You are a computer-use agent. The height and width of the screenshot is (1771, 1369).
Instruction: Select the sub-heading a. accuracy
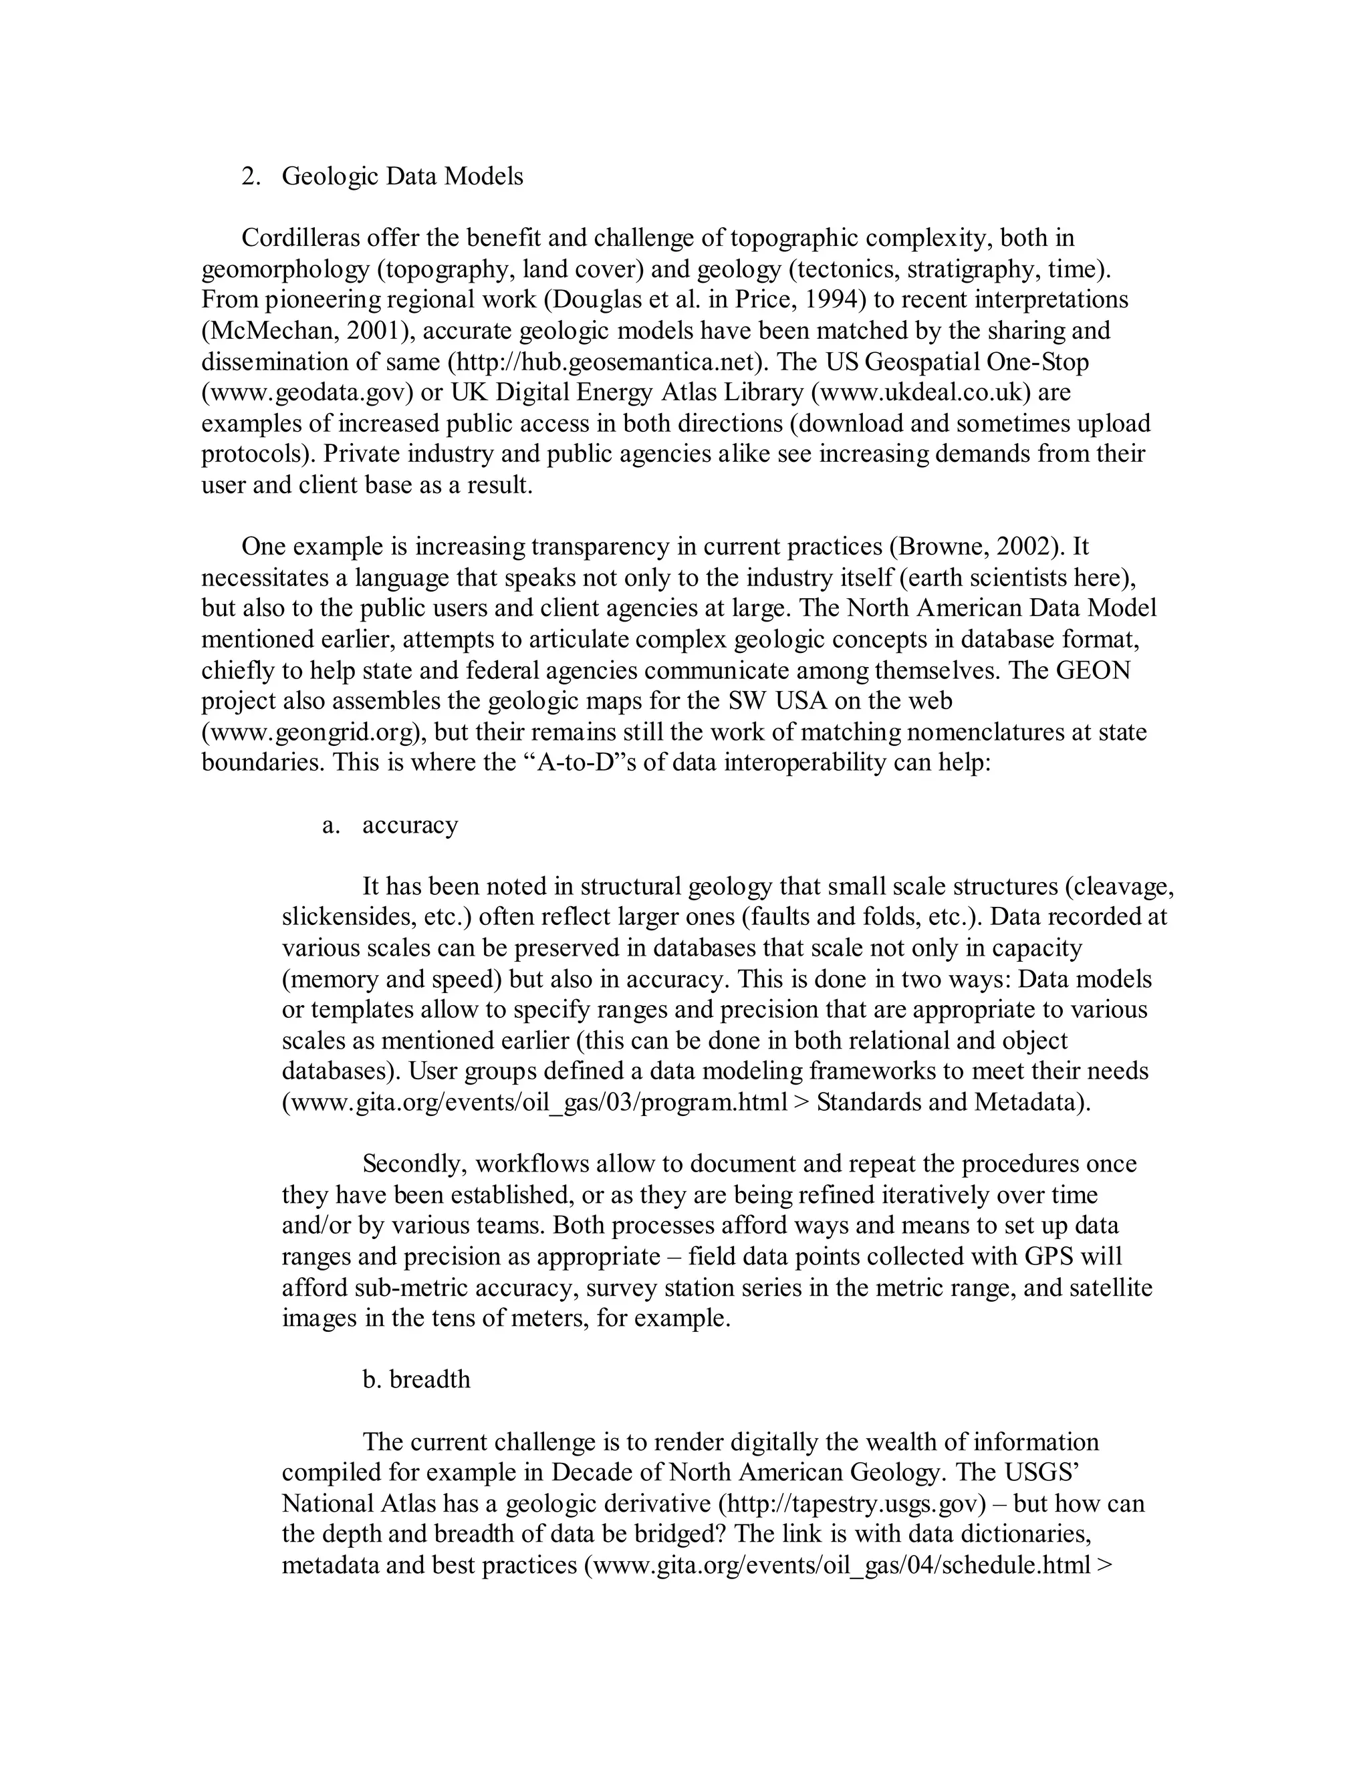pyautogui.click(x=391, y=825)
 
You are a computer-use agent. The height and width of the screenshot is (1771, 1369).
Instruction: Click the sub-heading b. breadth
pyautogui.click(x=416, y=1379)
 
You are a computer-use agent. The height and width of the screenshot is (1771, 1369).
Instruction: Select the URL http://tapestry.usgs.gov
pyautogui.click(x=851, y=1504)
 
